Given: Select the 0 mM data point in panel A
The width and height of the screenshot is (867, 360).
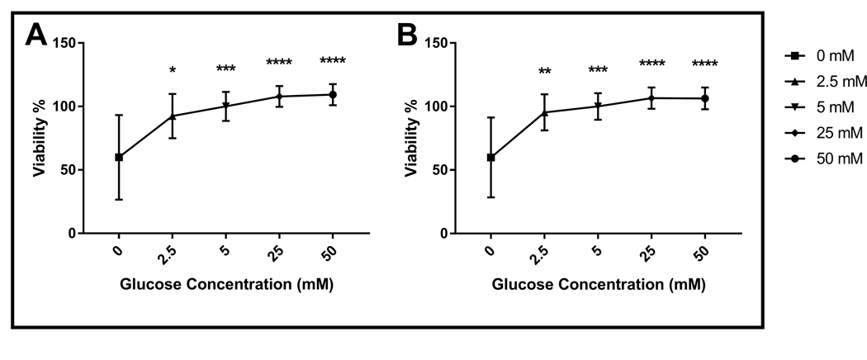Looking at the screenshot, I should coord(119,157).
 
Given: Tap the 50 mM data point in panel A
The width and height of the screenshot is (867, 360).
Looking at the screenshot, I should coord(333,94).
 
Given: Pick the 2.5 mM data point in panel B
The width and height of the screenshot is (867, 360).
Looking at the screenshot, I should coord(544,112).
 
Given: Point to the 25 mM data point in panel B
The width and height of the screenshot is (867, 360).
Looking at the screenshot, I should coord(651,98).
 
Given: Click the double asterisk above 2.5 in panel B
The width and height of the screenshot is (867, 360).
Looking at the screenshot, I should coord(544,72).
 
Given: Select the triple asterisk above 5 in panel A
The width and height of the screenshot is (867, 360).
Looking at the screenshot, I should coord(225,69).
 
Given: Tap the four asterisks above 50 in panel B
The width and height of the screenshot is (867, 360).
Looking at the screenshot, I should coord(705,64).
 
